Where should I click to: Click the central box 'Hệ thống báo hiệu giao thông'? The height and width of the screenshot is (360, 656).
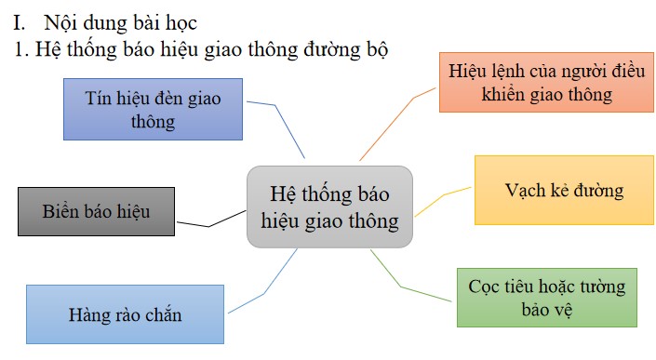click(329, 207)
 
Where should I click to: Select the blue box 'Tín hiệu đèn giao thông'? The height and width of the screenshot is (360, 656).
click(153, 110)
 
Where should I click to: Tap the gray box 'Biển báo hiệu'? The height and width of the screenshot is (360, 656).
click(96, 211)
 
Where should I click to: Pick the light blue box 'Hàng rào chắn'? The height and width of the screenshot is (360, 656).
click(125, 314)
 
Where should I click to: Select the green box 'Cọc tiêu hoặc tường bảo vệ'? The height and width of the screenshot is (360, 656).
click(548, 298)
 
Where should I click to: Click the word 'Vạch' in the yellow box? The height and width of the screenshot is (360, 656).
click(525, 191)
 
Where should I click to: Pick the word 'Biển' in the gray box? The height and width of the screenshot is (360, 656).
click(62, 211)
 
